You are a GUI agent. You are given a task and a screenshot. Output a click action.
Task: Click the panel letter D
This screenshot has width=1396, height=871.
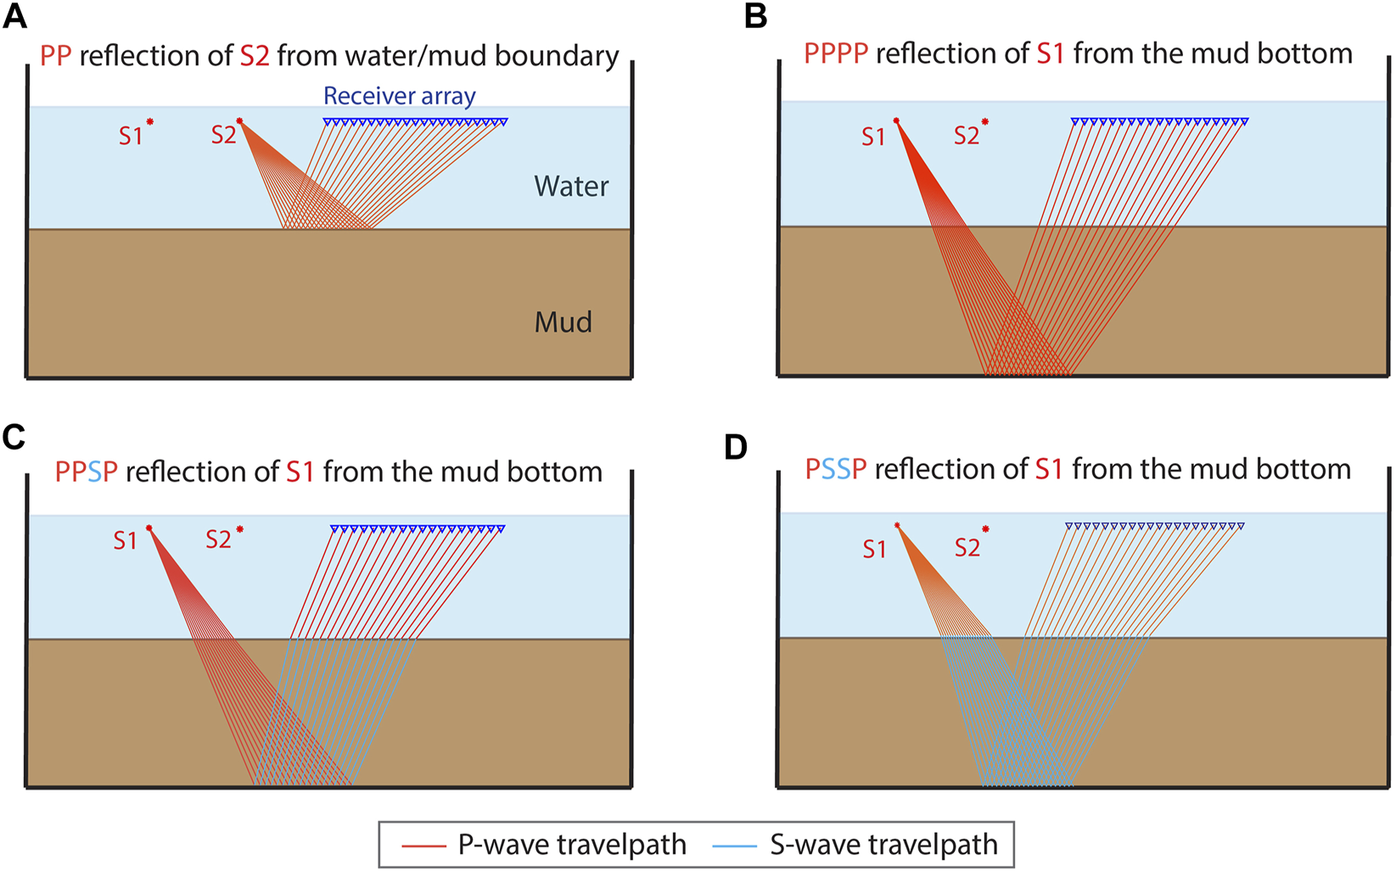(x=736, y=447)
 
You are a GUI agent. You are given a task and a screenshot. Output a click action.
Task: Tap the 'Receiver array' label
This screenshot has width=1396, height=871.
(x=399, y=96)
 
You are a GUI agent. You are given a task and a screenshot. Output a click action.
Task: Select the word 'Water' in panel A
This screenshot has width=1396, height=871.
(x=571, y=187)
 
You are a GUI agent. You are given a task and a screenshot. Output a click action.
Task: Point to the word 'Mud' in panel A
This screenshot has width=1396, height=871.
(x=563, y=322)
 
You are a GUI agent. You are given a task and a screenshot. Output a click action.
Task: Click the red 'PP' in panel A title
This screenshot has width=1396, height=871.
(x=55, y=56)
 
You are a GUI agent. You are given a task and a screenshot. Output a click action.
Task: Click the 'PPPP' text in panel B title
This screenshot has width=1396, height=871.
(x=835, y=53)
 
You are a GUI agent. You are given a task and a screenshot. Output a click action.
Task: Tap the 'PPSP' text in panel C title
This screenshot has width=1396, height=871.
(x=86, y=472)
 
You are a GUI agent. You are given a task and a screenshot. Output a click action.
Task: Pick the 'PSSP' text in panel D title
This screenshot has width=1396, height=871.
(x=835, y=469)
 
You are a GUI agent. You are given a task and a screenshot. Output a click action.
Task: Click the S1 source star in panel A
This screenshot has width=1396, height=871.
(x=150, y=122)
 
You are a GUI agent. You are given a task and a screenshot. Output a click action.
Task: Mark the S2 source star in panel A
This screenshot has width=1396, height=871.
(x=239, y=121)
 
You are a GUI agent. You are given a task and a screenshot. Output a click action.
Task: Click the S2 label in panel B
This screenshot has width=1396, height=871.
(x=966, y=136)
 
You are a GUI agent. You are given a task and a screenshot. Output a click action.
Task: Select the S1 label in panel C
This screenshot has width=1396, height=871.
(x=125, y=540)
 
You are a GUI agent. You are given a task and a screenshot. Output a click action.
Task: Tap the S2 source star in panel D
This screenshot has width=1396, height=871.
(x=985, y=529)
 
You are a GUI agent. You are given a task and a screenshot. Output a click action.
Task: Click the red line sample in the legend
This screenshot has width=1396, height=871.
(x=423, y=846)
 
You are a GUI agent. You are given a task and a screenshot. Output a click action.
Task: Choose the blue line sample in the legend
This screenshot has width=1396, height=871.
(x=735, y=846)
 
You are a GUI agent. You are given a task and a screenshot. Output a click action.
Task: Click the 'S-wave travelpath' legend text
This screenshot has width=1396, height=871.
(x=883, y=845)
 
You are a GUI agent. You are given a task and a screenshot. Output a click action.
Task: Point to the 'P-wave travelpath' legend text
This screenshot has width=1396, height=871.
(x=572, y=845)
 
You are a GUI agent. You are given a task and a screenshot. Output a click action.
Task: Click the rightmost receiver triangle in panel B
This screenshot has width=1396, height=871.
(x=1245, y=122)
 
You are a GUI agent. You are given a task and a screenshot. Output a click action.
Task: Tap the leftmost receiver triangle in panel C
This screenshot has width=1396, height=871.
(x=334, y=529)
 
